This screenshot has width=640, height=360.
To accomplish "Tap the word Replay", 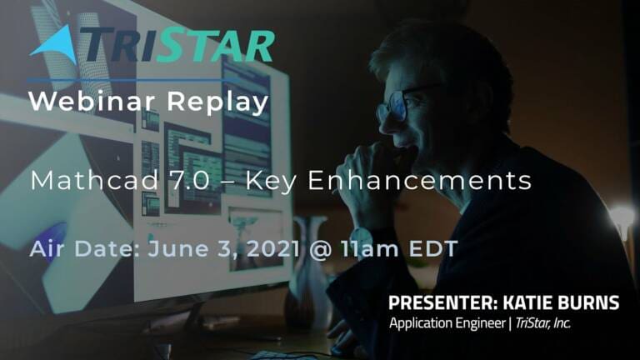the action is click(217, 102).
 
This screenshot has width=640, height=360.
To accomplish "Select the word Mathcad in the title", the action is click(94, 180).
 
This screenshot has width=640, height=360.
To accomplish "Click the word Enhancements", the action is click(420, 180).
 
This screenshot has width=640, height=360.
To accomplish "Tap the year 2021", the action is click(274, 248).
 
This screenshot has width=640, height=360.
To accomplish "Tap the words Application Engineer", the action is click(447, 323).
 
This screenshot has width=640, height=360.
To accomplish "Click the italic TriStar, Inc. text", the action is click(542, 322).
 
